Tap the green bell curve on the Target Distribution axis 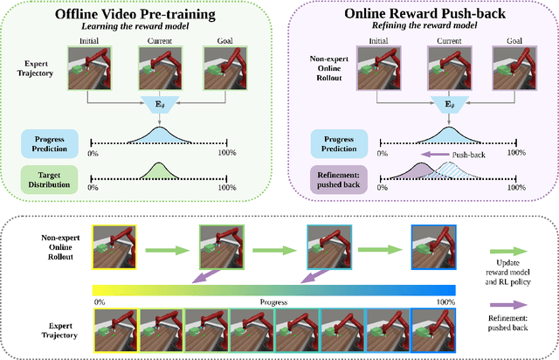coord(157,173)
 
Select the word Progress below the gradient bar coord(274,302)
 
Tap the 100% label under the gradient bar coord(445,302)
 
